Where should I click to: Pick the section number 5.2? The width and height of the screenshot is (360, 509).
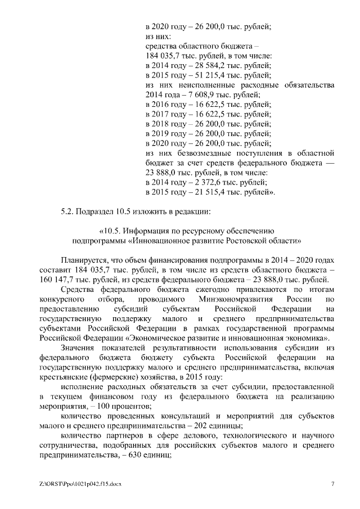(x=67, y=211)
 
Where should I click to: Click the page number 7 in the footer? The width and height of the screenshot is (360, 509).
(x=332, y=484)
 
